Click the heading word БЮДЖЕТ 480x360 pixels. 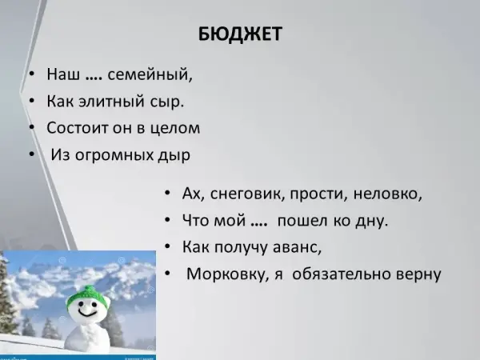(240, 34)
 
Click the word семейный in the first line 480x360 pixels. (150, 74)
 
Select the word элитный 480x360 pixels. (111, 102)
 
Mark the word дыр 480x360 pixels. (174, 155)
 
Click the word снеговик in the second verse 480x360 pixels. (247, 194)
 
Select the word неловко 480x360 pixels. (387, 194)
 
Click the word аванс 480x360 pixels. (297, 247)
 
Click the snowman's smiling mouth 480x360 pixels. (86, 313)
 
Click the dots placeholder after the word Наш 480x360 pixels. (94, 79)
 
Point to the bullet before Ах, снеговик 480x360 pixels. (167, 193)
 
